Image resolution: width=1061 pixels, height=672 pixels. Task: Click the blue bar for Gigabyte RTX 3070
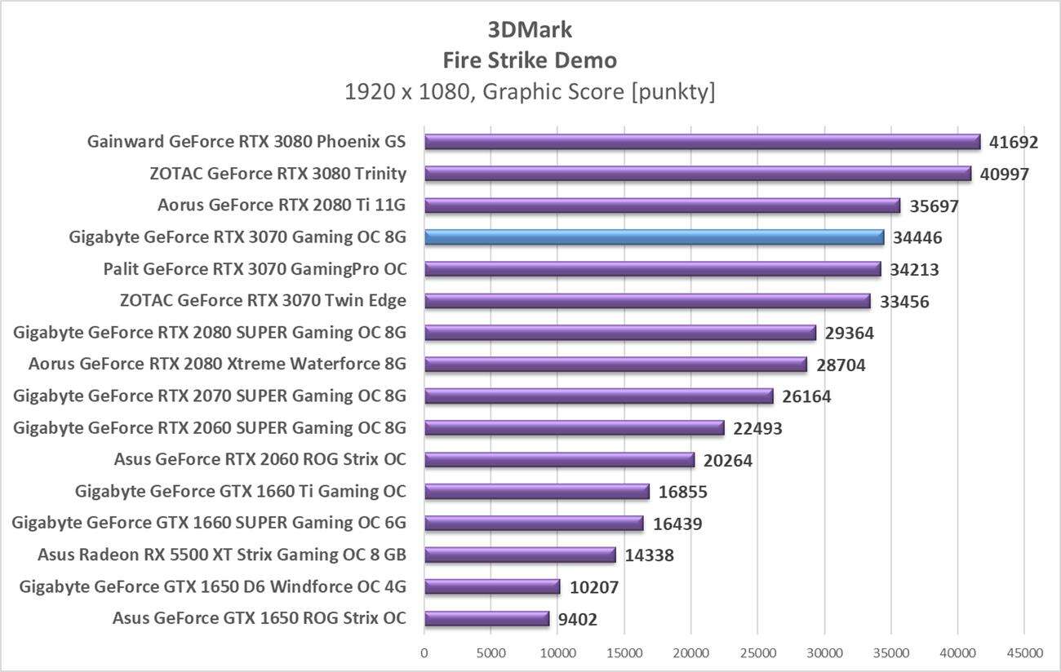click(653, 237)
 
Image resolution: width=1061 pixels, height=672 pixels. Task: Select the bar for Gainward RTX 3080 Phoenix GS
click(702, 142)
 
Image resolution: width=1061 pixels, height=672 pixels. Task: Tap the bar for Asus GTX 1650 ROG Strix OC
click(486, 619)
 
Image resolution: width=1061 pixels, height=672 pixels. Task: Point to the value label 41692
click(1013, 143)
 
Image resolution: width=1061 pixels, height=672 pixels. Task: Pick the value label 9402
click(577, 620)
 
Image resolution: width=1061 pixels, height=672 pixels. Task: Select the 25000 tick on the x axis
click(757, 653)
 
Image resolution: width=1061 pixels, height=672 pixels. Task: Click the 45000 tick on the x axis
click(1024, 653)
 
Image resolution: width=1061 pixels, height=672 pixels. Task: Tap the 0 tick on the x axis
click(424, 653)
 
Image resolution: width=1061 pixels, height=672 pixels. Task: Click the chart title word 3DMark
click(530, 30)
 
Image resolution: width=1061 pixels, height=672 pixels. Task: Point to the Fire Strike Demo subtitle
click(530, 60)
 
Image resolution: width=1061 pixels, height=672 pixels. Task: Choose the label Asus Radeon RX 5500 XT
click(222, 555)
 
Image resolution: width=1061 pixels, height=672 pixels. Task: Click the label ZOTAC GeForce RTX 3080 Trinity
click(278, 174)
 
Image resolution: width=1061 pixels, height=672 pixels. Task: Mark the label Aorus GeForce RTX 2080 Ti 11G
click(282, 206)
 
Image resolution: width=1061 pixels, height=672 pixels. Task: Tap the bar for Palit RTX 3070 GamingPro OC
click(652, 269)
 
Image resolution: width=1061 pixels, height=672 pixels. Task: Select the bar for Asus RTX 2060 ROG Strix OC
click(559, 460)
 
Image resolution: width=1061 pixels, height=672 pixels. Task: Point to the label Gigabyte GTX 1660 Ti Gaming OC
click(241, 492)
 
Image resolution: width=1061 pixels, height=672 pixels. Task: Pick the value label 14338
click(649, 556)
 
